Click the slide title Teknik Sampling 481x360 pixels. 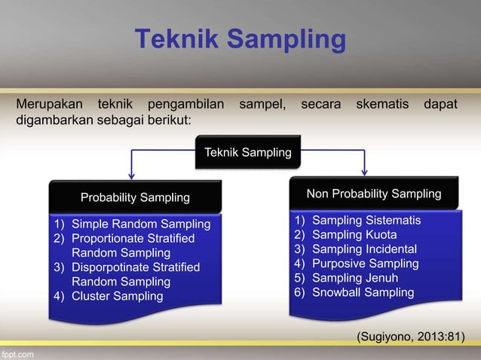tap(240, 40)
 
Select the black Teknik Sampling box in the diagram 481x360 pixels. tap(248, 153)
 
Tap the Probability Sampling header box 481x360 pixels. tap(135, 197)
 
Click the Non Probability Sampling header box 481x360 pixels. tap(373, 194)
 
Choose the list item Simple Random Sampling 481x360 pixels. tap(140, 224)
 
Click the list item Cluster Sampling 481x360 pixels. tap(117, 295)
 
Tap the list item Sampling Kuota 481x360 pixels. tap(354, 234)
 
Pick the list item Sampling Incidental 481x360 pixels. tap(364, 249)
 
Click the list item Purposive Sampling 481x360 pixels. tap(365, 263)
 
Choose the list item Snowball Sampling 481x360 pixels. tap(363, 291)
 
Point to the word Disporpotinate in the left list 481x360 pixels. tap(111, 267)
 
